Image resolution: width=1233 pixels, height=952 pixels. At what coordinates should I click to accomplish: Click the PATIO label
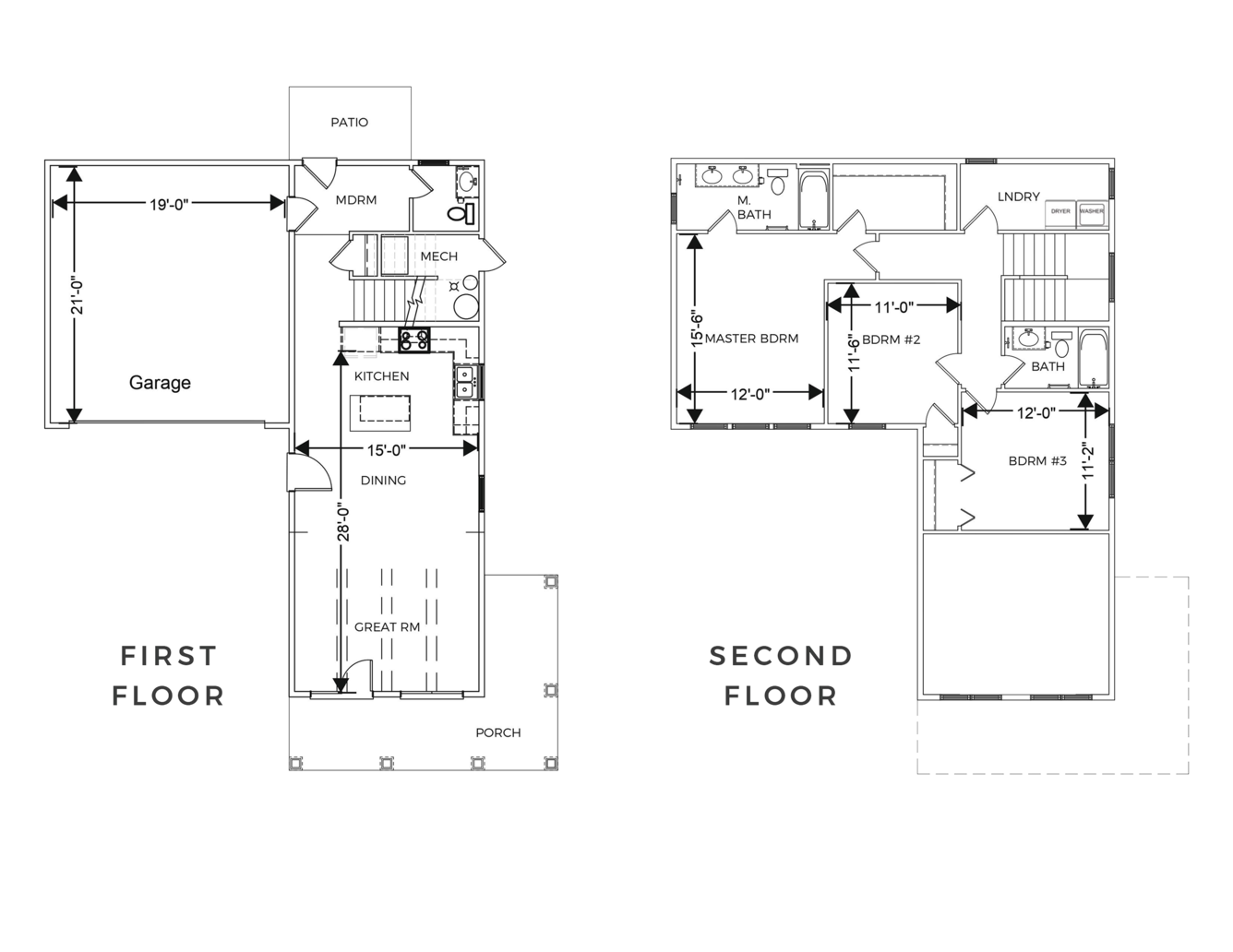click(349, 123)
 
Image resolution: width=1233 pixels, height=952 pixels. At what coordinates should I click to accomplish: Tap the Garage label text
click(160, 383)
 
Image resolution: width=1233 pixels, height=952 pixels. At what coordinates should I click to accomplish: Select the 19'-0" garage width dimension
click(169, 204)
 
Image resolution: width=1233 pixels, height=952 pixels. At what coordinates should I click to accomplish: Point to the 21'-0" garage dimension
click(78, 298)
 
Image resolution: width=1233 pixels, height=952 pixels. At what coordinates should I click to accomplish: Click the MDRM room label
click(355, 200)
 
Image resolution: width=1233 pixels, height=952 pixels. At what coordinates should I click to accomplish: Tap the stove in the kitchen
click(414, 340)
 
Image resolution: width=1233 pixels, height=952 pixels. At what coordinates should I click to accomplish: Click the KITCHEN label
click(381, 376)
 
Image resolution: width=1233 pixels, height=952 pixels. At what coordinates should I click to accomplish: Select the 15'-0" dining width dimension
click(387, 450)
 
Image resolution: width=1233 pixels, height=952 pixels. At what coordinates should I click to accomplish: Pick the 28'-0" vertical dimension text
click(343, 520)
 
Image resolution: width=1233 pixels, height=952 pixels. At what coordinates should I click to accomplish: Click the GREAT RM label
click(387, 627)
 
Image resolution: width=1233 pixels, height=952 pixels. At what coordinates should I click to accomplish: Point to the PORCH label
click(498, 732)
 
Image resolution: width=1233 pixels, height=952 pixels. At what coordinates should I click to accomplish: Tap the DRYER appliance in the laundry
click(1060, 211)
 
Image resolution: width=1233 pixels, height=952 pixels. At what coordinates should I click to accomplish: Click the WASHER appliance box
click(1092, 211)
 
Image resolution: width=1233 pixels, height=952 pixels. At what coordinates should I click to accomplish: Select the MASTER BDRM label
click(751, 339)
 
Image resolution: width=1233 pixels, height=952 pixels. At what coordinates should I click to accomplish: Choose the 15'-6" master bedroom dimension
click(697, 329)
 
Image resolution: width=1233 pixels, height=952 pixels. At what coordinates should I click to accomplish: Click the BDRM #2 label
click(891, 339)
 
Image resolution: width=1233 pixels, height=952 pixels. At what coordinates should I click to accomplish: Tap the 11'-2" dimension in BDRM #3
click(1087, 460)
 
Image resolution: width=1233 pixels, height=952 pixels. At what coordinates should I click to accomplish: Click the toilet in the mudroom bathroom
click(461, 214)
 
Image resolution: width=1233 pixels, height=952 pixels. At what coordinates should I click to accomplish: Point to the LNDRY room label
click(1019, 196)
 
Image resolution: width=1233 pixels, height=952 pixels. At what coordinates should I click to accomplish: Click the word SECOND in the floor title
click(781, 656)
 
